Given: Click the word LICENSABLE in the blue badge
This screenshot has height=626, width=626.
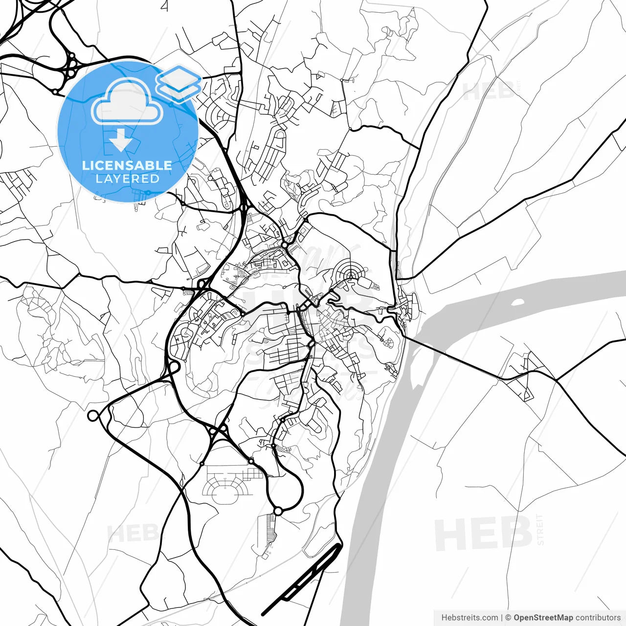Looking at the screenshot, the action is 127,165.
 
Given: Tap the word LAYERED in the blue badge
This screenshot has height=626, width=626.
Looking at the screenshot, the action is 127,179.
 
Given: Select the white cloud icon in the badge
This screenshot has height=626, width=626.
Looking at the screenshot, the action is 127,102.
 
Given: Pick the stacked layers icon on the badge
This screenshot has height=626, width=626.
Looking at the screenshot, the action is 179,82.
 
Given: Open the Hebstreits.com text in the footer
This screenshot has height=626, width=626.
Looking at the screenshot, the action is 469,618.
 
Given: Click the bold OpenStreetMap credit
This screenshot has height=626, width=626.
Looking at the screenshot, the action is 543,618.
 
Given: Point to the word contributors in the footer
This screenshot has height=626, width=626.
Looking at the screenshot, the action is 598,618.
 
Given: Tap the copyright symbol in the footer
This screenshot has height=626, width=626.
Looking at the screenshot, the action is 508,618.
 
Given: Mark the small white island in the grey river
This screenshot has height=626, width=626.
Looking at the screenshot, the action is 518,301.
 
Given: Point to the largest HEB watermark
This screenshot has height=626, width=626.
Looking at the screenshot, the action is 483,533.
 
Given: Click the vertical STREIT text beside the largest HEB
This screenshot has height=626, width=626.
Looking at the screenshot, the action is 540,529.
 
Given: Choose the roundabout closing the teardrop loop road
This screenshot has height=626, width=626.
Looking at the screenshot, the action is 278,511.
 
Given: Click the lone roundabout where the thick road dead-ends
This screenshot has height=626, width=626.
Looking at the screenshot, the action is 93,416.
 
